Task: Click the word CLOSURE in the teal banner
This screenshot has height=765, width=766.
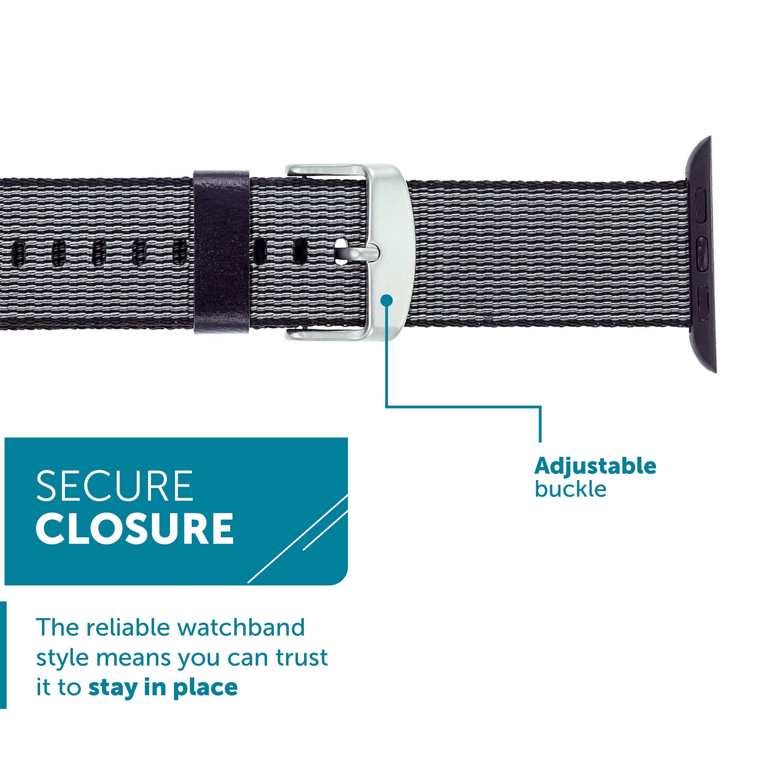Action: [x=135, y=529]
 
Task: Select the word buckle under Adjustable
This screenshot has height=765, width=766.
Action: [x=571, y=489]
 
